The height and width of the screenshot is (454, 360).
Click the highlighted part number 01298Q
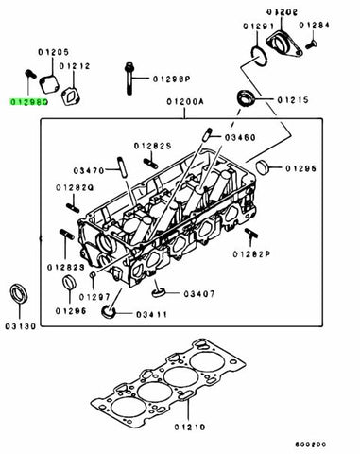[x=26, y=99]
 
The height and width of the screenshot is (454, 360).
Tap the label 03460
[x=242, y=138]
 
